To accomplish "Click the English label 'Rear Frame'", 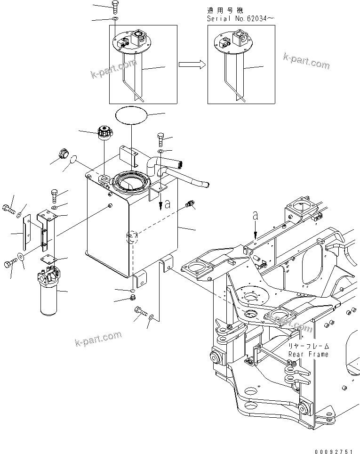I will click(x=308, y=354).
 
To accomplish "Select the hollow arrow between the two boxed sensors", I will click(x=193, y=65).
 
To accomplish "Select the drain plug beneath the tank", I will click(x=132, y=298).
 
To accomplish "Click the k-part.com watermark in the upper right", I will click(x=306, y=61).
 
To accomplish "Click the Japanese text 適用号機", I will click(x=223, y=10).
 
